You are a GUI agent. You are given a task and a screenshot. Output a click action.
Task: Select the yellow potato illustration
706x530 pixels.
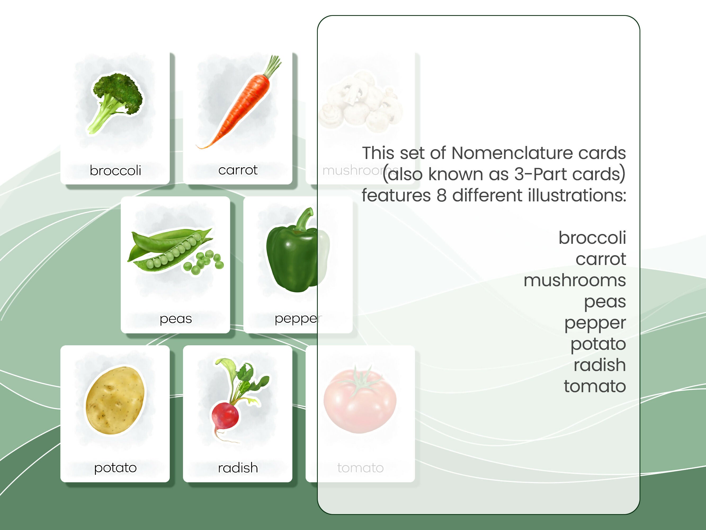(115, 401)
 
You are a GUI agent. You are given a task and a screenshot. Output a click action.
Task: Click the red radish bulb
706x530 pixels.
(225, 415)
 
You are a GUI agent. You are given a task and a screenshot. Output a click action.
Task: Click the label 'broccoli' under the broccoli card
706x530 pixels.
(115, 170)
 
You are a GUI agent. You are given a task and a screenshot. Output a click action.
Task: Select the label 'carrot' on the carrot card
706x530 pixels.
(238, 170)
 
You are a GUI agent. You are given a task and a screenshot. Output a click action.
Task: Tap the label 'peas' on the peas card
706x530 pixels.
(176, 319)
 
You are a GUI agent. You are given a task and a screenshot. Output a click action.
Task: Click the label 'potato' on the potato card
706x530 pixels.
(115, 468)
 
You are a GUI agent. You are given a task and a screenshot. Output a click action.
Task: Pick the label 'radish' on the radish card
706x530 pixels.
(238, 468)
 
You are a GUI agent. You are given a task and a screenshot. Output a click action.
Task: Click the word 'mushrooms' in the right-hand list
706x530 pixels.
(574, 280)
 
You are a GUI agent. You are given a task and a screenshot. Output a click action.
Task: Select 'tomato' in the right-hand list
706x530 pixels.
(595, 386)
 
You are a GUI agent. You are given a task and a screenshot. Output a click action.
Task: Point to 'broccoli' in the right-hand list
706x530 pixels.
(592, 238)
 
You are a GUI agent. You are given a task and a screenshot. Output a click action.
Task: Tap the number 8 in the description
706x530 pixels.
(441, 195)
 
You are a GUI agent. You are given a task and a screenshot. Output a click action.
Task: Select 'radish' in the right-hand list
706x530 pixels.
(599, 365)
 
